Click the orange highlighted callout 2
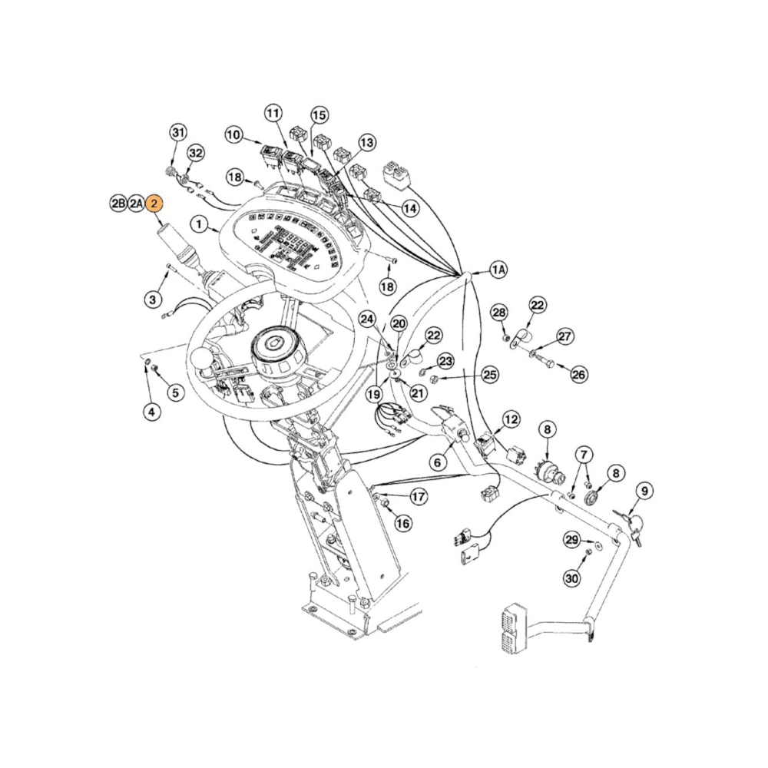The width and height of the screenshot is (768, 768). click(x=156, y=204)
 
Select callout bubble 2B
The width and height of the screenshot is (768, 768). click(x=118, y=204)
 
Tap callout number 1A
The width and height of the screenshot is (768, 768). click(x=499, y=270)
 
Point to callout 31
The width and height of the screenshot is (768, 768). click(x=178, y=132)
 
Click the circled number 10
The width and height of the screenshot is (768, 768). click(x=233, y=135)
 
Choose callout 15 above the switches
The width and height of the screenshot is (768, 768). click(x=319, y=114)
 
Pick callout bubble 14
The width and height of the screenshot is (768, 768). click(x=410, y=208)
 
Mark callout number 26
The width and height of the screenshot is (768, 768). click(x=578, y=374)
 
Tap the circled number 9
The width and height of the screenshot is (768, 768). click(x=644, y=490)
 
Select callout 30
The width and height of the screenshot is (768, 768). click(x=571, y=578)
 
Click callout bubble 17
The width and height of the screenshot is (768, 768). click(x=418, y=497)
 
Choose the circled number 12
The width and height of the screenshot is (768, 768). click(x=511, y=419)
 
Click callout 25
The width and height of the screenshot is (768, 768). click(x=489, y=375)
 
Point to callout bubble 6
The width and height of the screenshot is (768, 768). click(x=437, y=462)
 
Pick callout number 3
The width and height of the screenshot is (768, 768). click(x=153, y=298)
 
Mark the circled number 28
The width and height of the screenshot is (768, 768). click(x=499, y=313)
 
